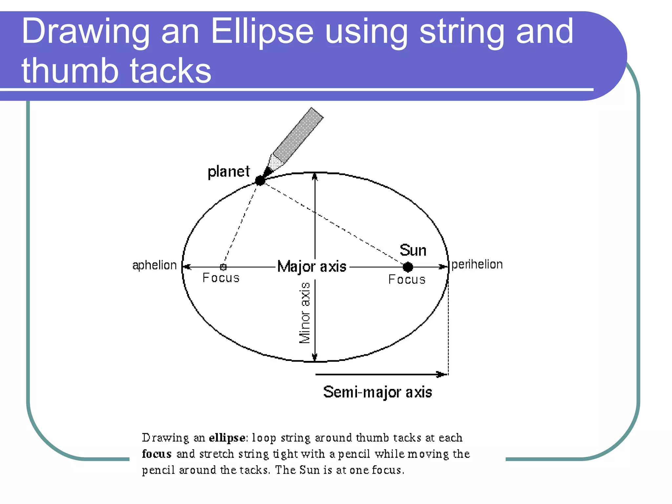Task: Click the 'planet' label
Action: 229,172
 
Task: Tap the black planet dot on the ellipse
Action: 260,180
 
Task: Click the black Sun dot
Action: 408,267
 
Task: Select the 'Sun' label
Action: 413,250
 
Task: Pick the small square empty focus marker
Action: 223,267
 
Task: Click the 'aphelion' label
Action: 154,265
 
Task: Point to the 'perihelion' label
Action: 477,264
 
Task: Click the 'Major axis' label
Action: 312,266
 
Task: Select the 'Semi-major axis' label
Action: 377,392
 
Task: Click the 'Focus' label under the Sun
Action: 407,280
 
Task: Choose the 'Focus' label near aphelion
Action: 221,278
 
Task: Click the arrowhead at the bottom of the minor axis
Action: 315,357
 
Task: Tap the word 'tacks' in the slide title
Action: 171,71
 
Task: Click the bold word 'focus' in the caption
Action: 157,454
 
